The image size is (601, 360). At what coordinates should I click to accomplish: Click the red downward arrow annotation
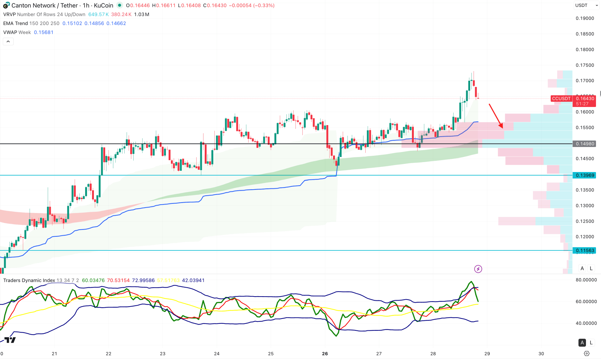point(496,116)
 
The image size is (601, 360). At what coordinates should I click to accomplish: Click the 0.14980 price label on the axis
point(585,144)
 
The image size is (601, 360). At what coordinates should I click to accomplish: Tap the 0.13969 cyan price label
point(585,175)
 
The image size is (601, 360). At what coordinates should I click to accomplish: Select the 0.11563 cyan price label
point(585,251)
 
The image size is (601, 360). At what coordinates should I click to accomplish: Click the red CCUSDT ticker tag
point(561,99)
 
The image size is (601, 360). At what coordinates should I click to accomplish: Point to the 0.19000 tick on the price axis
point(585,18)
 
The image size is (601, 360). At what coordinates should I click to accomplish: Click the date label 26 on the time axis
point(325,353)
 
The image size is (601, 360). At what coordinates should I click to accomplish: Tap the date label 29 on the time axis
point(487,353)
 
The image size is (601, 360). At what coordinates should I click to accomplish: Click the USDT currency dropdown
point(585,5)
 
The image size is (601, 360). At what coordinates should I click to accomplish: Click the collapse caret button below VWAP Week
point(8,42)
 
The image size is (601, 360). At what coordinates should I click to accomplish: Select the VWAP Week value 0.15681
point(44,33)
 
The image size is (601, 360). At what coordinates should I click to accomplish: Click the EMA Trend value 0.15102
point(72,23)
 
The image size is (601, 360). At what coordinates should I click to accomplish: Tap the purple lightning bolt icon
point(478,269)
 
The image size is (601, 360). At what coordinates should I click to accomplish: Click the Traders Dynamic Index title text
point(29,280)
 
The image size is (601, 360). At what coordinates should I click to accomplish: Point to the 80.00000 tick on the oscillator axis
point(586,280)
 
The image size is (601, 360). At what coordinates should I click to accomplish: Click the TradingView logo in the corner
point(10,340)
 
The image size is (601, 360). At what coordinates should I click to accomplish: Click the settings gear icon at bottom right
point(587,353)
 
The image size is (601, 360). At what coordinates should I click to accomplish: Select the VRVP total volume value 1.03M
point(141,14)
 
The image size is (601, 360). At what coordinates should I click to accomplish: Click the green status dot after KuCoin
point(120,5)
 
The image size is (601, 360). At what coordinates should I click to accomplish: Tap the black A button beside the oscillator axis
point(582,342)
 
